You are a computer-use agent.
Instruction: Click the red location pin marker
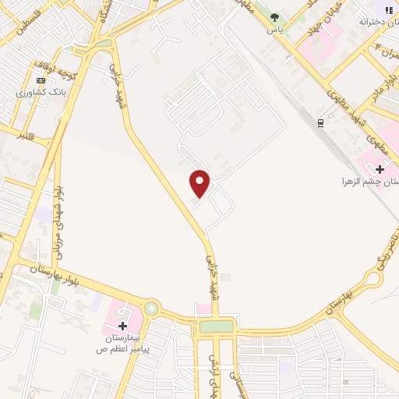(200, 182)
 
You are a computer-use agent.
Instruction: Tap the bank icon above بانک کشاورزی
(41, 80)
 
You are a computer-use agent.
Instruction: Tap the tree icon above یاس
(274, 16)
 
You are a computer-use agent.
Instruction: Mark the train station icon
(320, 122)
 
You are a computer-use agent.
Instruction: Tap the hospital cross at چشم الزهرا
(380, 169)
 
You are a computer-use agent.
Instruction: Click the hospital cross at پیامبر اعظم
(122, 326)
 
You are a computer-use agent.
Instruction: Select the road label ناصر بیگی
(386, 249)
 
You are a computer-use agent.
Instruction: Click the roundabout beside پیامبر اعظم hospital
(150, 309)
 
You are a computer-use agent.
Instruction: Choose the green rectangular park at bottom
(216, 327)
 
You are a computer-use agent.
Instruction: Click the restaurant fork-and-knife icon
(388, 9)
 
